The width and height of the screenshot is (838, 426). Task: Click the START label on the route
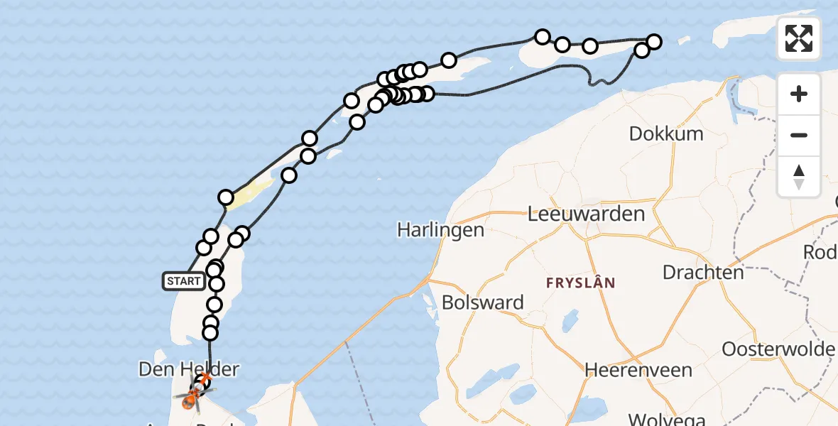tap(184, 281)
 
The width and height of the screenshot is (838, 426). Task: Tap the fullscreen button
tap(799, 38)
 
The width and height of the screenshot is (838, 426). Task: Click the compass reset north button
tap(799, 177)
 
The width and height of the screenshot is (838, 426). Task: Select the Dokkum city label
tap(666, 133)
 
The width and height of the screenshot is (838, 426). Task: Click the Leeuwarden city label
tap(586, 214)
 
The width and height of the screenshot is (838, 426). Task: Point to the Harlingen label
tap(440, 230)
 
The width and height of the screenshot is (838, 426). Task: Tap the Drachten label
tap(703, 272)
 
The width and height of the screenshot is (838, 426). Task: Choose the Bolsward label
tap(482, 302)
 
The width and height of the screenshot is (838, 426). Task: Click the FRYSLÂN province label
tap(580, 283)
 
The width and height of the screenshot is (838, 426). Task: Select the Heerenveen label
tap(628, 370)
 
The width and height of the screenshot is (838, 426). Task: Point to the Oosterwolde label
tap(778, 349)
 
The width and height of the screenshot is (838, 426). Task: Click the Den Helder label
tap(187, 369)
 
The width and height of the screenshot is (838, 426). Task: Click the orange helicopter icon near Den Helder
tap(190, 399)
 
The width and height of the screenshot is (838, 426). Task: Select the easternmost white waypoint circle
tap(653, 42)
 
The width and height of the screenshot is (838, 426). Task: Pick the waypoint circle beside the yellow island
tap(226, 197)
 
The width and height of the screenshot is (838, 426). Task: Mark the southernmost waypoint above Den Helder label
tap(209, 332)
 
